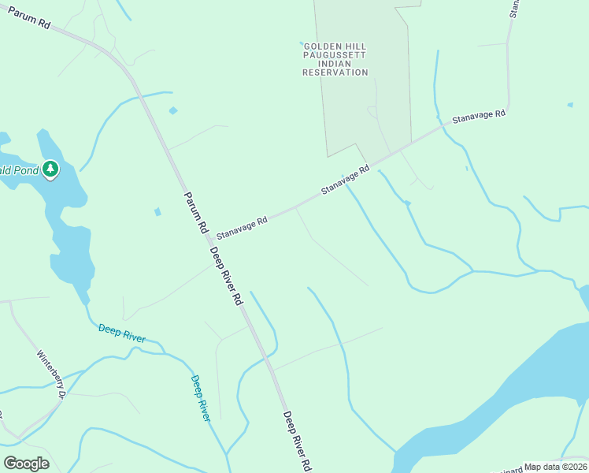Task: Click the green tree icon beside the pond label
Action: (x=50, y=169)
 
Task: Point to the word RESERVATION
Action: (x=335, y=73)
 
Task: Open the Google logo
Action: (x=26, y=464)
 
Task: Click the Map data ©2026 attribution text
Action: (x=555, y=467)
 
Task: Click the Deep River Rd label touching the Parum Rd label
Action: (x=226, y=276)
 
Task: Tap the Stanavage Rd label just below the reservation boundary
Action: (x=345, y=181)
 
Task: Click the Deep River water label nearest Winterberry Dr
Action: (x=122, y=333)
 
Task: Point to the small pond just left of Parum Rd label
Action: (x=158, y=211)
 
